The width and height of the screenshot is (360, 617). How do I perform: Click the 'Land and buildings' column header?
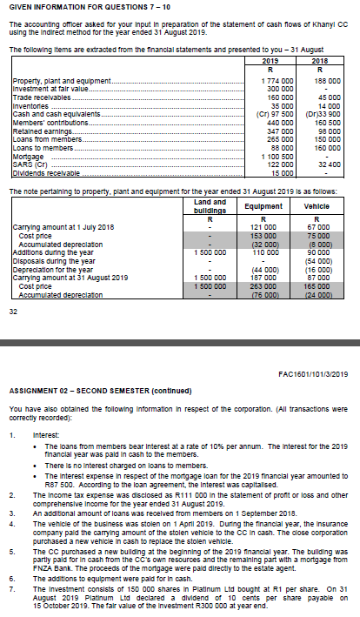point(201,205)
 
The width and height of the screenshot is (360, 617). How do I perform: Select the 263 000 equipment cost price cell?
point(263,285)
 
